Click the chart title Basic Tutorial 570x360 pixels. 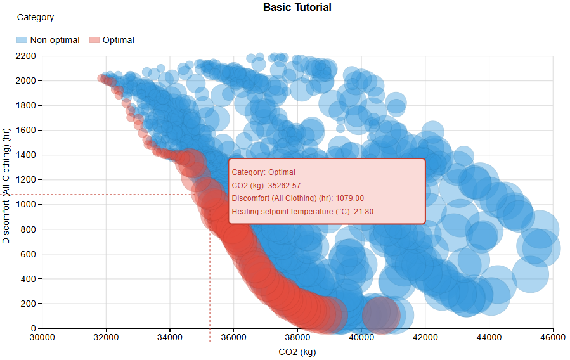pyautogui.click(x=297, y=8)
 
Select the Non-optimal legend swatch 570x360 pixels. pyautogui.click(x=22, y=40)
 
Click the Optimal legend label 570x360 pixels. pyautogui.click(x=118, y=40)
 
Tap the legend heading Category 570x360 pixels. pyautogui.click(x=36, y=18)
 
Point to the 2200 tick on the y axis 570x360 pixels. pyautogui.click(x=27, y=56)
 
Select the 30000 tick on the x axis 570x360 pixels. pyautogui.click(x=42, y=337)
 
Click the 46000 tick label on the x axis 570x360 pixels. pyautogui.click(x=552, y=337)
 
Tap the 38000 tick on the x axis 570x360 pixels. pyautogui.click(x=297, y=337)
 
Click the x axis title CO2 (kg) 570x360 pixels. pyautogui.click(x=297, y=352)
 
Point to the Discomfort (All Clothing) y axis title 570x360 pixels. pyautogui.click(x=7, y=192)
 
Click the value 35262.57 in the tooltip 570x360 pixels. pyautogui.click(x=284, y=185)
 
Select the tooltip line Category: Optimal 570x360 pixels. pyautogui.click(x=264, y=172)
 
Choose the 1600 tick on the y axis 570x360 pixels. pyautogui.click(x=27, y=131)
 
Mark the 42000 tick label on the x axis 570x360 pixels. pyautogui.click(x=425, y=337)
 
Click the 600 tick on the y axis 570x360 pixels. pyautogui.click(x=30, y=254)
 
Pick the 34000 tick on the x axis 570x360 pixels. pyautogui.click(x=170, y=337)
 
